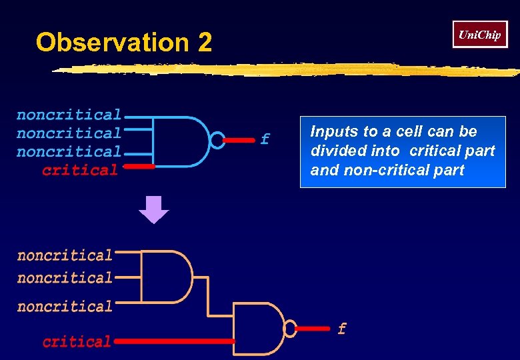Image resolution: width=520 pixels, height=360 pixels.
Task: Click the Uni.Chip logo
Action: pos(480,35)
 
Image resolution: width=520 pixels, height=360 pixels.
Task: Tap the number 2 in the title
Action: pos(205,43)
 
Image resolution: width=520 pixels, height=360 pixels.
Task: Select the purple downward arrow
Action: pos(153,209)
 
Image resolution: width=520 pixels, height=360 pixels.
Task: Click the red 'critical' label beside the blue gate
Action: pos(80,170)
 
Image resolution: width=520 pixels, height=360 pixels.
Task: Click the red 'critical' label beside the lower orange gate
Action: pos(77,342)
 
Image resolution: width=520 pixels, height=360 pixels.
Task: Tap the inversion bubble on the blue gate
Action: pos(217,140)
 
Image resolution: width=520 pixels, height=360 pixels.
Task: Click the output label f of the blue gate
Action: pos(265,139)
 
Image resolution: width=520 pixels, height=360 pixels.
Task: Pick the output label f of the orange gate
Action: pos(342,329)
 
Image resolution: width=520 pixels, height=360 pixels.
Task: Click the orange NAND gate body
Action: pos(259,328)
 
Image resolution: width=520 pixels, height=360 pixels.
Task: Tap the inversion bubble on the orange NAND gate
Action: pos(290,328)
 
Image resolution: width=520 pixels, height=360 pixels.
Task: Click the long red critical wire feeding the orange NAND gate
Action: pos(173,341)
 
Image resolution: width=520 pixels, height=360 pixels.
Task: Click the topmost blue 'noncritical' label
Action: pos(69,115)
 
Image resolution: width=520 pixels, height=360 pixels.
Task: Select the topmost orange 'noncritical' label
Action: pos(65,256)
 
